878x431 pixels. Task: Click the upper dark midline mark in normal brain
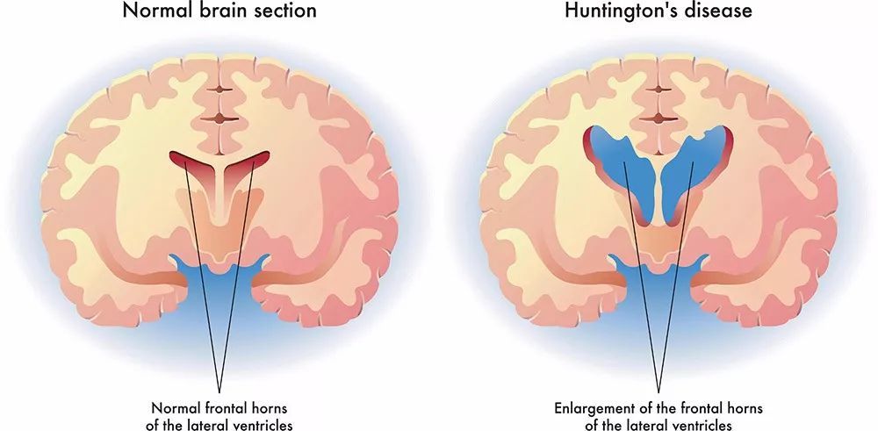tap(219, 89)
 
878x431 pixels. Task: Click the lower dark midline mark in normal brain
tap(219, 119)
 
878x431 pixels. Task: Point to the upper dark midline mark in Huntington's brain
tap(658, 89)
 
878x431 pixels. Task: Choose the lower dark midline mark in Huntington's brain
tap(658, 119)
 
